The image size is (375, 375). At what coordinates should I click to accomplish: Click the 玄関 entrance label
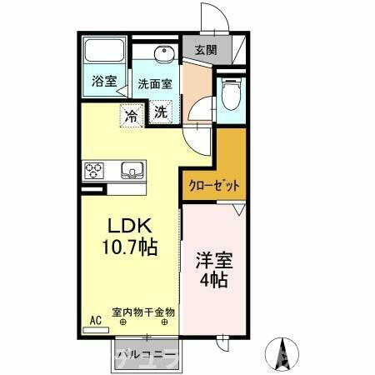[206, 50]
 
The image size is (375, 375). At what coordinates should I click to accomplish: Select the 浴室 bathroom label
[104, 82]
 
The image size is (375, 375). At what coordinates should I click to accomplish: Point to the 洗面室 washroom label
[154, 83]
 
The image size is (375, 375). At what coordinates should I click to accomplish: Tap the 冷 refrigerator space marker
[132, 114]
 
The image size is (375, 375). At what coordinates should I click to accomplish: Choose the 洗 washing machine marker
[161, 111]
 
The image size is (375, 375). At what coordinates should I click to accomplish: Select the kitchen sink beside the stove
[132, 172]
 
